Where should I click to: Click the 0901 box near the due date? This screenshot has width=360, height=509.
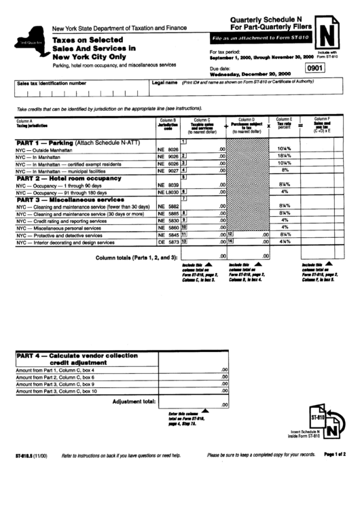pos(315,68)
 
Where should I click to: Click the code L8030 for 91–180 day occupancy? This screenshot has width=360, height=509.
pos(168,192)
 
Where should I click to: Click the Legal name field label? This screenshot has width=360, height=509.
pos(165,82)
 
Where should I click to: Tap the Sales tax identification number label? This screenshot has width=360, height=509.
pos(52,83)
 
